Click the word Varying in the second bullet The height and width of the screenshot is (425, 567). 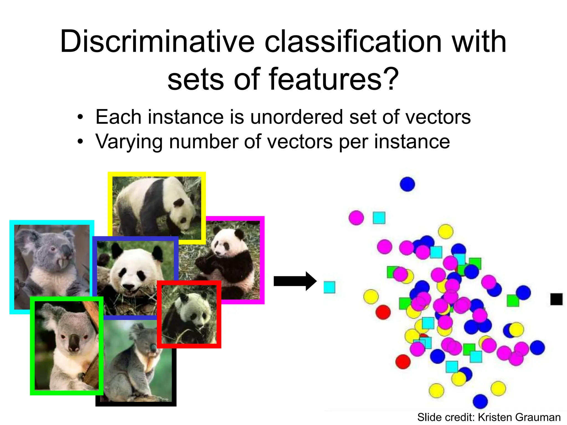[129, 142]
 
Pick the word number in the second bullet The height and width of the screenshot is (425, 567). [203, 142]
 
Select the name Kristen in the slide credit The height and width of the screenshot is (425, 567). [496, 417]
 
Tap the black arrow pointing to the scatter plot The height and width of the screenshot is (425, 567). [295, 281]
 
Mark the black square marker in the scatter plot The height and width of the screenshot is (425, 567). [556, 299]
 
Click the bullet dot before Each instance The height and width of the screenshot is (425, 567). [80, 117]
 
